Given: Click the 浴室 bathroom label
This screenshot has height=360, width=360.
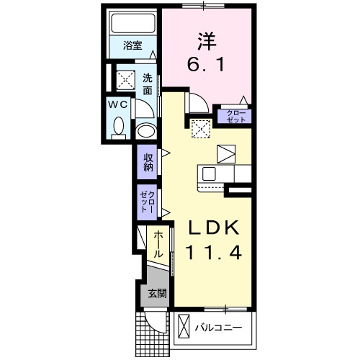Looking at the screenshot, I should [132, 45].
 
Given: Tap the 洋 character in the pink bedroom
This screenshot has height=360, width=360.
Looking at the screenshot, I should [205, 39].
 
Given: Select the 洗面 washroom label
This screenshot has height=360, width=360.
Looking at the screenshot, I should [147, 84].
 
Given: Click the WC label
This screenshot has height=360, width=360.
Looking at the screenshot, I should [119, 105].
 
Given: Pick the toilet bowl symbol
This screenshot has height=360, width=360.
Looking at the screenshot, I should [119, 128].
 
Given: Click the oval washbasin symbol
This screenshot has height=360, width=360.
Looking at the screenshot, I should [145, 132].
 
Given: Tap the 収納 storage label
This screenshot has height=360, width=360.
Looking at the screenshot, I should [148, 162].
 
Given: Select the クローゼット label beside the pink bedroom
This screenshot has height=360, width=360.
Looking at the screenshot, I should [234, 115].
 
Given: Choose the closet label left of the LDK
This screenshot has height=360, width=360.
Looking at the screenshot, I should [148, 202].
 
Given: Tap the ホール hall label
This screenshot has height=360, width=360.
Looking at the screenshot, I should [158, 245].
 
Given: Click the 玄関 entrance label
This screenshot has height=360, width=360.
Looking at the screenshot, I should [157, 293].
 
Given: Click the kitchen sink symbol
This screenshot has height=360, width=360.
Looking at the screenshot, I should [209, 174].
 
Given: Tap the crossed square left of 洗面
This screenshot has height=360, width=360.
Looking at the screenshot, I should [126, 78].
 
